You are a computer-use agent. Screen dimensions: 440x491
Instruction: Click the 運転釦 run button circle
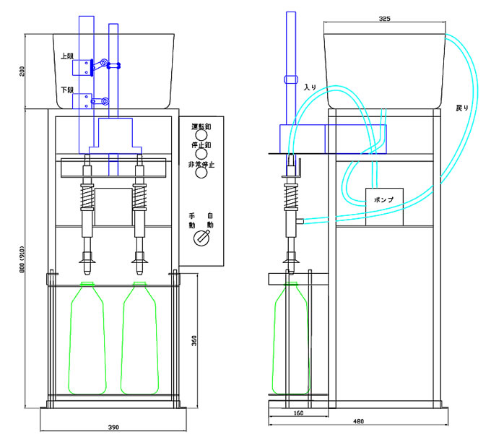tap(201, 134)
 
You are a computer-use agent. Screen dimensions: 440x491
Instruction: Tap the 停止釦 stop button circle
tap(201, 154)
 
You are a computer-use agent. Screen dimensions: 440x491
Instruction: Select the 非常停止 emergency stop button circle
tap(201, 174)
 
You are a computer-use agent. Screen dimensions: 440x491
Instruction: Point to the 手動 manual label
tap(193, 220)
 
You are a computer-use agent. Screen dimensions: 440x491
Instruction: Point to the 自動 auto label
tap(210, 220)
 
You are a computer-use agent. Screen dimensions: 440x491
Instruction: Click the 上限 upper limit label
tap(68, 54)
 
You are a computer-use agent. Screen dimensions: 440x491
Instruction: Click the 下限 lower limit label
tap(68, 90)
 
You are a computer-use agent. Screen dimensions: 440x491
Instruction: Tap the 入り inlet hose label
tap(310, 87)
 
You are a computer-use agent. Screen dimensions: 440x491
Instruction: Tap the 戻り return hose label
tap(461, 108)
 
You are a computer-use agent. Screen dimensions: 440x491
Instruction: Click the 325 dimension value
tap(384, 19)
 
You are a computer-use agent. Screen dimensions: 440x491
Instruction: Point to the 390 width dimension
tap(113, 428)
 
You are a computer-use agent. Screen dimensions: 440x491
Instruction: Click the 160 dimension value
tap(297, 414)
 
